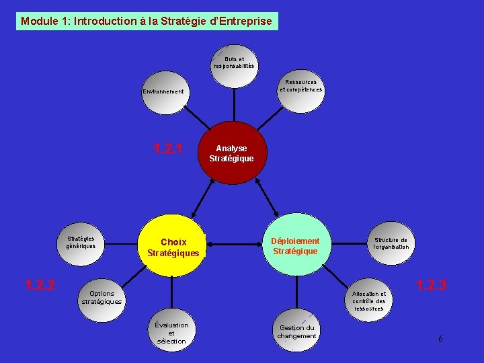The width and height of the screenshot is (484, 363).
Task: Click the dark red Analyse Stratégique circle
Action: click(231, 153)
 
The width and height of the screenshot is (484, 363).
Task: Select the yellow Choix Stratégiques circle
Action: click(173, 247)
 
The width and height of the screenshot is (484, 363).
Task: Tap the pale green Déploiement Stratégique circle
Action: click(295, 245)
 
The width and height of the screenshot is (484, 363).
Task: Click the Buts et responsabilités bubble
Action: click(234, 63)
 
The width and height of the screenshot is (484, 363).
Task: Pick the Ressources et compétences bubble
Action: click(300, 86)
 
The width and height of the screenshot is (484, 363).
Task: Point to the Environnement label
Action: click(163, 91)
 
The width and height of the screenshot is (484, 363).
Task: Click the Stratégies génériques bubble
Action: click(81, 242)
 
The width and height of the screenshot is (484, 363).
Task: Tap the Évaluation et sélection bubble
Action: click(171, 333)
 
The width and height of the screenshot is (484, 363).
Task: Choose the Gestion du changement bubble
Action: click(296, 332)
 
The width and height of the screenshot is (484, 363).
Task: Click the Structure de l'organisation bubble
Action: click(391, 243)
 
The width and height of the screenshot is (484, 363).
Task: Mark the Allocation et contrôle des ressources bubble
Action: click(368, 300)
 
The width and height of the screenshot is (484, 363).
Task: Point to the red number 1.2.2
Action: click(40, 285)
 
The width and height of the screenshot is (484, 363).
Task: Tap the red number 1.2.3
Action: click(431, 286)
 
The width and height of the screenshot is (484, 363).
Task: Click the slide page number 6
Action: click(440, 339)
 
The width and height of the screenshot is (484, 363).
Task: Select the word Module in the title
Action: click(40, 21)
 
